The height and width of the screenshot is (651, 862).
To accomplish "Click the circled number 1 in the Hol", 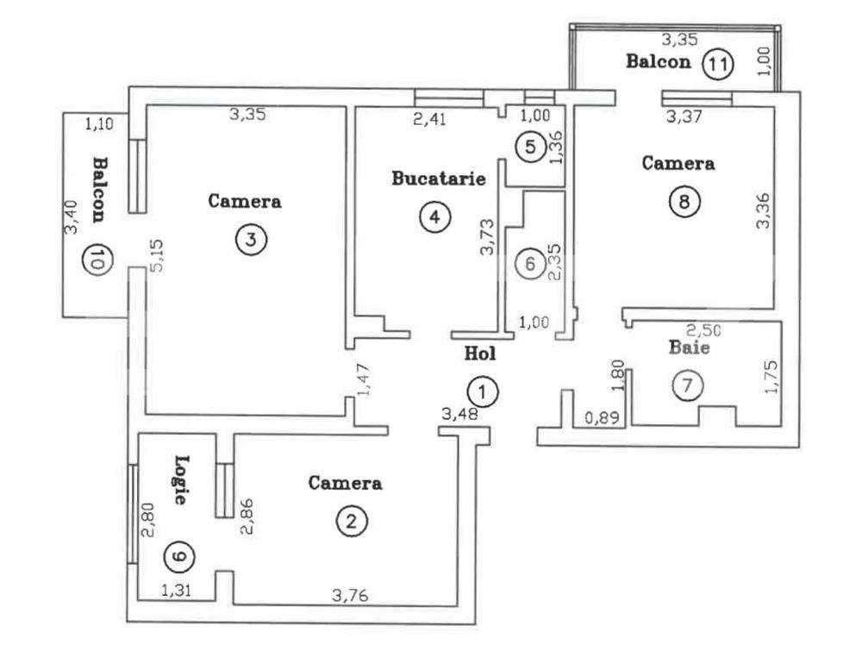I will pyautogui.click(x=484, y=392).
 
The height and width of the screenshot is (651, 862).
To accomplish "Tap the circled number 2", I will pyautogui.click(x=352, y=520).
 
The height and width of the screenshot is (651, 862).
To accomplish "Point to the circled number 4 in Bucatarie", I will pyautogui.click(x=434, y=216).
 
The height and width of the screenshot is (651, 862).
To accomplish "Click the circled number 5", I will pyautogui.click(x=530, y=147).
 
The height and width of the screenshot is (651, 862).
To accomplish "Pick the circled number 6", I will pyautogui.click(x=530, y=263).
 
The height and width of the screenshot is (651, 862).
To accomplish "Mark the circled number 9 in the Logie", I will pyautogui.click(x=178, y=558).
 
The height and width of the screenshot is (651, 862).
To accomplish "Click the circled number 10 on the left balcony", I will pyautogui.click(x=94, y=258).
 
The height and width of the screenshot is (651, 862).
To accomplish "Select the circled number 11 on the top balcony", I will pyautogui.click(x=715, y=63).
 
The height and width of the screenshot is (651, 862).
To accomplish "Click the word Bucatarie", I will pyautogui.click(x=439, y=179).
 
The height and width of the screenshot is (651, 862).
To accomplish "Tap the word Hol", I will pyautogui.click(x=480, y=353).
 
